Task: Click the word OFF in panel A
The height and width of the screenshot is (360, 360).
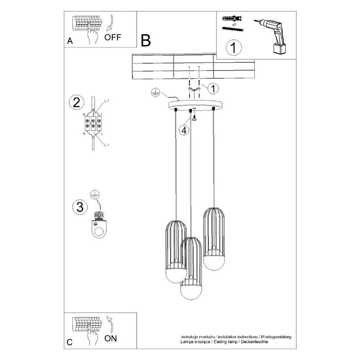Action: [x=113, y=38]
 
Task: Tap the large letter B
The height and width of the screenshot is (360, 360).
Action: [x=145, y=40]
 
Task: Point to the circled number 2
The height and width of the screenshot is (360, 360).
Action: [x=77, y=102]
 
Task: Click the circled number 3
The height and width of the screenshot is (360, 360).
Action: [x=78, y=207]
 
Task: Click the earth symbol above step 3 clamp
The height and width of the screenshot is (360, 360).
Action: [x=94, y=194]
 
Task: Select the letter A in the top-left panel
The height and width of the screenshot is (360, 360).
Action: [x=70, y=42]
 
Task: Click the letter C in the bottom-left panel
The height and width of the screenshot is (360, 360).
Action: [x=70, y=343]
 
